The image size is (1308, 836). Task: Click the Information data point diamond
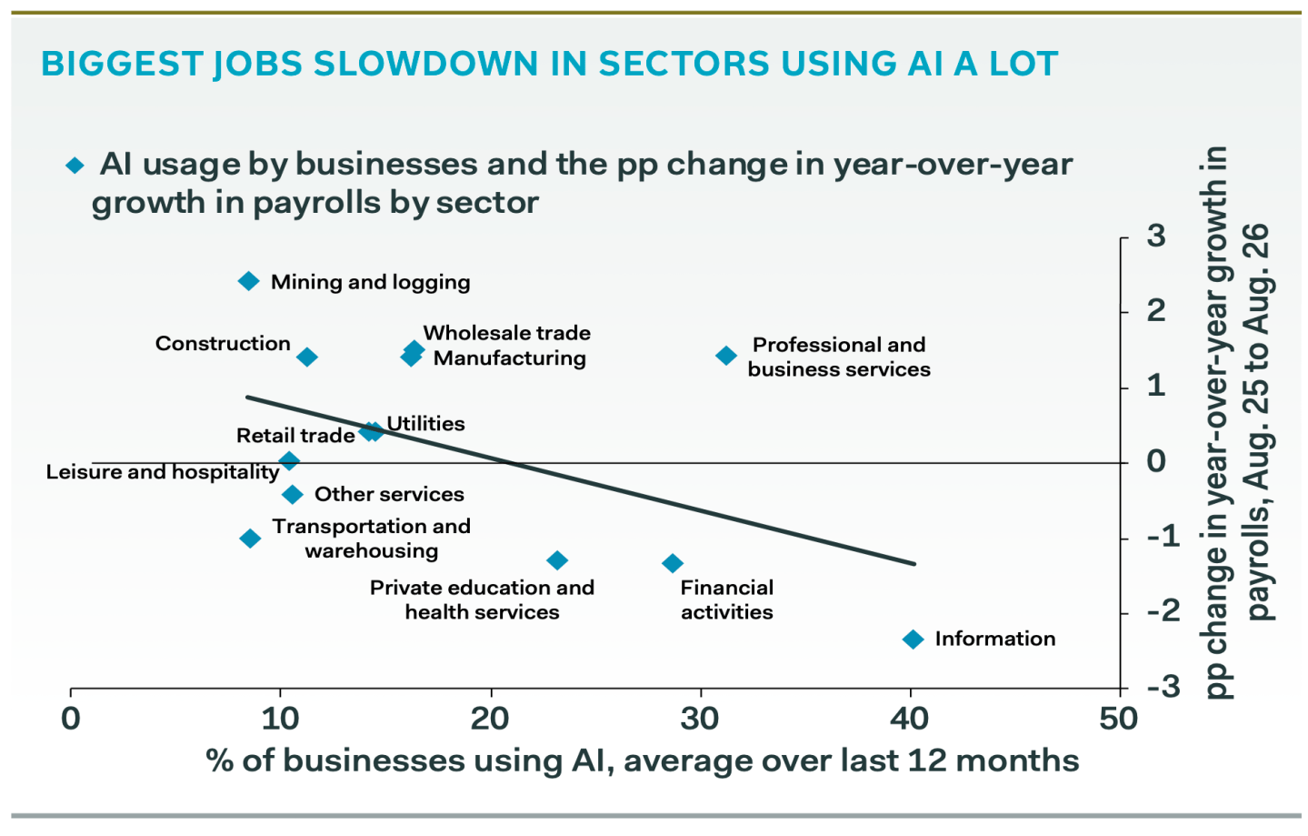914,640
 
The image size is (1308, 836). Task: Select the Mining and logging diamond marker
249,281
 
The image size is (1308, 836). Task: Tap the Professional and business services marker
726,355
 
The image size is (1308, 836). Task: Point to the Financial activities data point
673,563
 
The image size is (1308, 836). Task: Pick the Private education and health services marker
558,560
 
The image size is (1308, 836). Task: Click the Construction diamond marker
307,357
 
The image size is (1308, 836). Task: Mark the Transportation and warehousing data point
251,538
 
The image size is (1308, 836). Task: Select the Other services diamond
293,494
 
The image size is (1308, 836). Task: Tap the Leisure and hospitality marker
288,461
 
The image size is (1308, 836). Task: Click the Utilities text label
425,424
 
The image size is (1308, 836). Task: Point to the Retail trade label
295,435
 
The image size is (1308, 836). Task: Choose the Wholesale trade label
507,333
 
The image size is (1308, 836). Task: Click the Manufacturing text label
510,358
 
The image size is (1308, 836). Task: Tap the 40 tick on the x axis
911,719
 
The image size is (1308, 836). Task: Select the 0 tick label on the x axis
71,719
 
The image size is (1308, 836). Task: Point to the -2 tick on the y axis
1163,611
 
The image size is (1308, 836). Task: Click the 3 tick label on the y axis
1156,236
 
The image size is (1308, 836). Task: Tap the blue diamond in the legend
75,166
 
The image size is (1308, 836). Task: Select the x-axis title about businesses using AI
643,760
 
